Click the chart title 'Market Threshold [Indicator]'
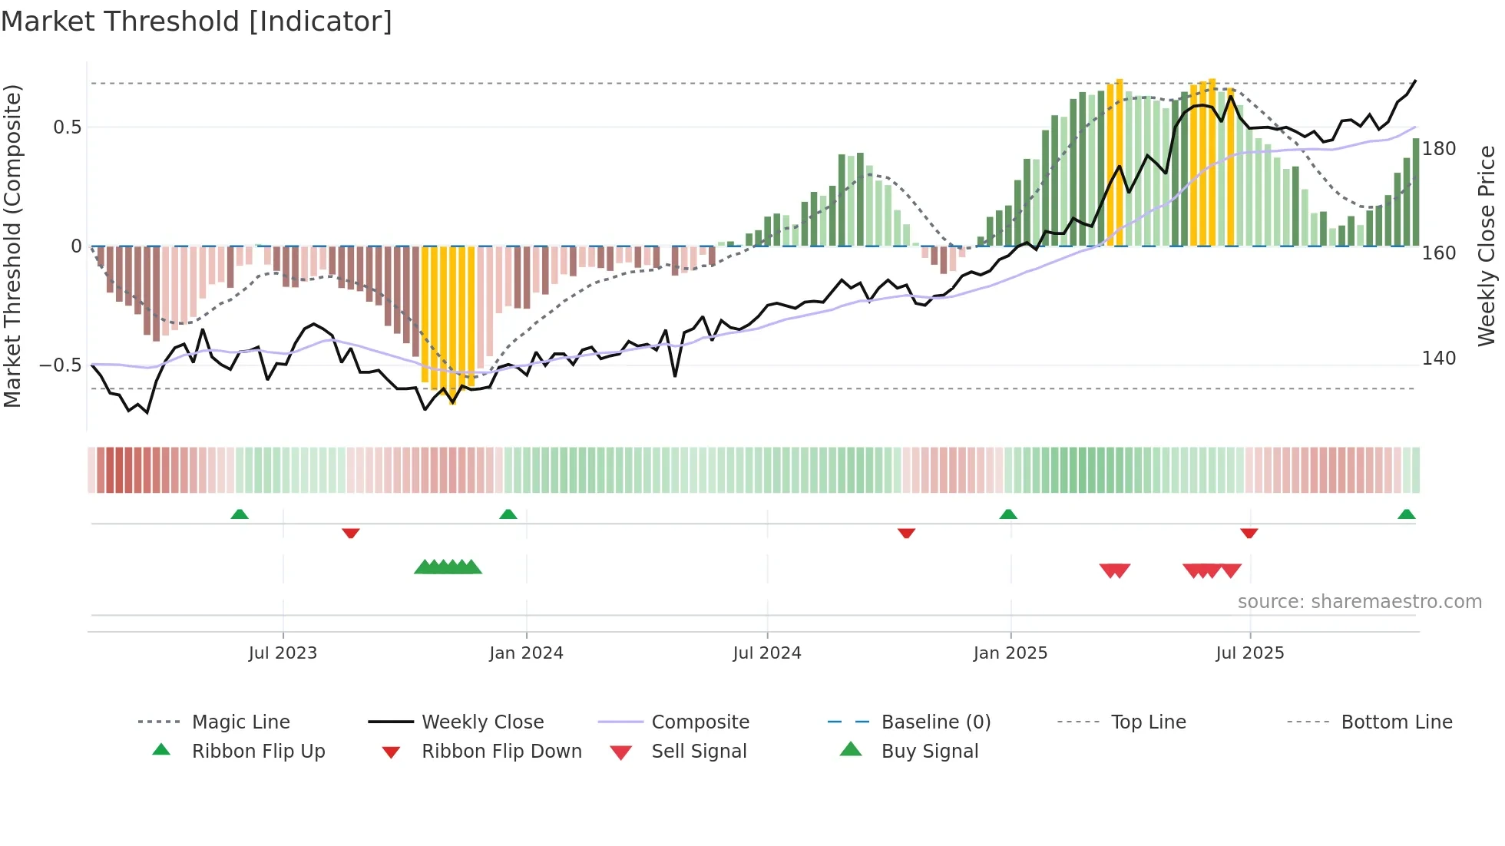pos(197,21)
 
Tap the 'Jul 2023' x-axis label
pos(283,653)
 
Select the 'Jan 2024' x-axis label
pos(526,653)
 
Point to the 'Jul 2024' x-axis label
pos(767,653)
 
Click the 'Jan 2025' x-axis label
pos(1010,653)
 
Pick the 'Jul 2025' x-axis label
pos(1250,653)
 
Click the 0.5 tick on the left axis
pos(68,127)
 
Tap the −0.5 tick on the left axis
pos(61,365)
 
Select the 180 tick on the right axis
pos(1439,149)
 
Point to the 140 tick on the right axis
pos(1439,359)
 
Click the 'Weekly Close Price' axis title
pos(1487,246)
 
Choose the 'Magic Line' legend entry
pos(240,722)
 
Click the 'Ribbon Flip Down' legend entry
pos(501,752)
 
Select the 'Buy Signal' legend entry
pos(929,752)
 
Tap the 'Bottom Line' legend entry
pos(1396,722)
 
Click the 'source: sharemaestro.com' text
pos(1359,602)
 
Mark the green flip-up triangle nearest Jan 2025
pos(1008,514)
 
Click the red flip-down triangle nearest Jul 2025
pos(1249,533)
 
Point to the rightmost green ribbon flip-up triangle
pos(1406,514)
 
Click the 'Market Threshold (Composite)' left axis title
pos(13,246)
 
